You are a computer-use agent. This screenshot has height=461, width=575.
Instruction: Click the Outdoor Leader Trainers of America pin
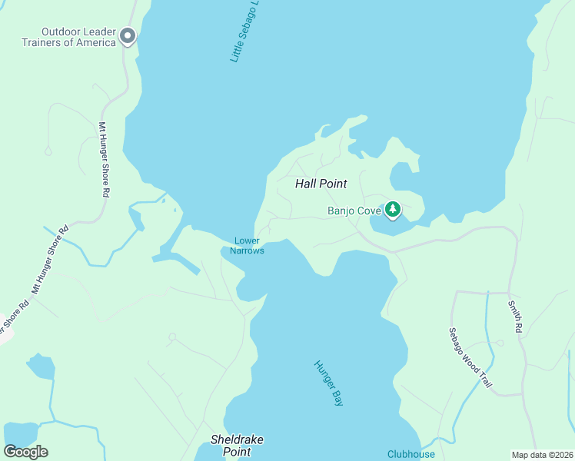pyautogui.click(x=128, y=35)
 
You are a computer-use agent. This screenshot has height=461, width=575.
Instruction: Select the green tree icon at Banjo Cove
pyautogui.click(x=393, y=209)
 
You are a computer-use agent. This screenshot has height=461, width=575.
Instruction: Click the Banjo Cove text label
pyautogui.click(x=354, y=210)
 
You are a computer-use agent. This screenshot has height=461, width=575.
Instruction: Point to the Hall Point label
pyautogui.click(x=321, y=184)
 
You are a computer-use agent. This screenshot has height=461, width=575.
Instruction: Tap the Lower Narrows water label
pyautogui.click(x=247, y=246)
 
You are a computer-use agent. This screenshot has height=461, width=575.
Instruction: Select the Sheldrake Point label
pyautogui.click(x=237, y=446)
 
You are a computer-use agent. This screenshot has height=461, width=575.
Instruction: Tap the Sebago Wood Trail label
pyautogui.click(x=470, y=357)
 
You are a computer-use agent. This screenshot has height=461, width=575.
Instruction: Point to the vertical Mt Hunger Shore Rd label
pyautogui.click(x=103, y=160)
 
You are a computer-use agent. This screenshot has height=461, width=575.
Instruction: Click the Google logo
pyautogui.click(x=25, y=452)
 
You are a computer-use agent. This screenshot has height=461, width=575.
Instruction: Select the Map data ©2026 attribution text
pyautogui.click(x=542, y=455)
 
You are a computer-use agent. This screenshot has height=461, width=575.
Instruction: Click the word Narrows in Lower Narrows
pyautogui.click(x=247, y=251)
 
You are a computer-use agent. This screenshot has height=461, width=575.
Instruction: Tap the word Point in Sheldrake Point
pyautogui.click(x=237, y=452)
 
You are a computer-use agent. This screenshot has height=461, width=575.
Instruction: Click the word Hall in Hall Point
pyautogui.click(x=307, y=184)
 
